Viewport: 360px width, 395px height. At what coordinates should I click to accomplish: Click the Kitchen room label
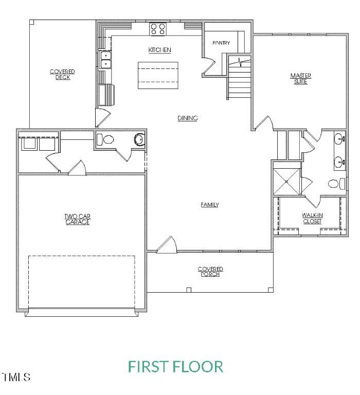[159, 50]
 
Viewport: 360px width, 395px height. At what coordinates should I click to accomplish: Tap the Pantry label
[221, 43]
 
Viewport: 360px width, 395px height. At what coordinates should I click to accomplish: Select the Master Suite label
[300, 79]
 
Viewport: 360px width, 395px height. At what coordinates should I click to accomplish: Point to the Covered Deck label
[62, 74]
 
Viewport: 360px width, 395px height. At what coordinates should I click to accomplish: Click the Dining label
[188, 118]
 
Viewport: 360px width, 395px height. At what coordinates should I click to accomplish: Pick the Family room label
[209, 205]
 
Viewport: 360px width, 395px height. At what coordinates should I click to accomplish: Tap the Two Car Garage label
[77, 220]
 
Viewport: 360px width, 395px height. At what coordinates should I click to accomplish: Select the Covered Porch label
[210, 272]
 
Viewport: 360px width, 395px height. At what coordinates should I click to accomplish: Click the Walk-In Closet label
[312, 218]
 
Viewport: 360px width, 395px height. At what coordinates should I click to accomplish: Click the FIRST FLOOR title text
[175, 367]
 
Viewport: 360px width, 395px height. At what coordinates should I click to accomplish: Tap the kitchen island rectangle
[158, 76]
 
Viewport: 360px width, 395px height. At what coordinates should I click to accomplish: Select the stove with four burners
[158, 29]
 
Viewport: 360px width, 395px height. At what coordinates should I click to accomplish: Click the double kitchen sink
[105, 60]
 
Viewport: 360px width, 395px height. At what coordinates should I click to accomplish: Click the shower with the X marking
[286, 178]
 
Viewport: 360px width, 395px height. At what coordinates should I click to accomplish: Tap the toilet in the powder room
[106, 139]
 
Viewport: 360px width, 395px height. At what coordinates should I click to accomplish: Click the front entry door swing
[166, 245]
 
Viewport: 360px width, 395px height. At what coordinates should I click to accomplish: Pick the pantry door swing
[208, 66]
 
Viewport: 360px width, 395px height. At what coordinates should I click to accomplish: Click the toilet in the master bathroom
[335, 183]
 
